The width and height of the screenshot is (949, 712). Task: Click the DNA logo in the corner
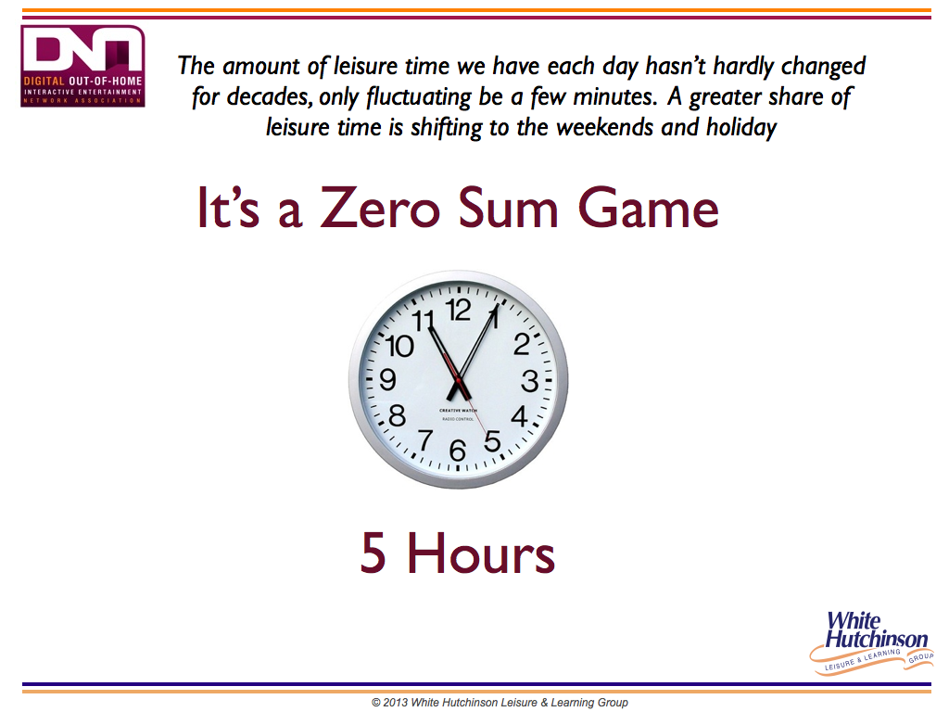(x=82, y=66)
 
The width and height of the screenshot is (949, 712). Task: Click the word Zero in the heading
(x=380, y=208)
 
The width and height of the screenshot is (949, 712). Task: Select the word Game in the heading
(x=648, y=208)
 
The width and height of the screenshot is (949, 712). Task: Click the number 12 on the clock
(x=458, y=311)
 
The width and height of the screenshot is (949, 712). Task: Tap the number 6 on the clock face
(x=458, y=451)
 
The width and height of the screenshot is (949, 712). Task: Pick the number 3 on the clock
(x=529, y=381)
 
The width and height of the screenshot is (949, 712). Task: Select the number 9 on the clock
(x=387, y=379)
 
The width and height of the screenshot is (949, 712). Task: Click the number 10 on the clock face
(x=399, y=347)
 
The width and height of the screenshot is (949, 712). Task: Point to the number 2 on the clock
(x=521, y=344)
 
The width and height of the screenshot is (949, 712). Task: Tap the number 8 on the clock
(x=397, y=416)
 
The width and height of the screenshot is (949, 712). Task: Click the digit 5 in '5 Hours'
(x=373, y=553)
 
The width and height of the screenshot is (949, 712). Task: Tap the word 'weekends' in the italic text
(x=606, y=127)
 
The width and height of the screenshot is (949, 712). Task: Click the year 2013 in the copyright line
(x=395, y=703)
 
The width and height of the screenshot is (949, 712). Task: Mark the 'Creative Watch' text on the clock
(x=458, y=411)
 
